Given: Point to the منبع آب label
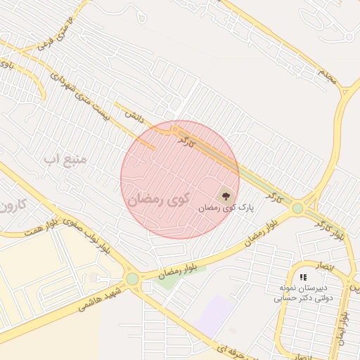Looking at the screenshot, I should [65, 159].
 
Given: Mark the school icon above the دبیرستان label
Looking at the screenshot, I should [303, 278].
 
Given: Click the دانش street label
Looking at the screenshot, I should [134, 115].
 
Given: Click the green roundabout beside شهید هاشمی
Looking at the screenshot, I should [132, 279].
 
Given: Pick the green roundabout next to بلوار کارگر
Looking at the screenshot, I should [298, 208].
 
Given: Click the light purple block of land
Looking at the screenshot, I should [216, 315].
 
